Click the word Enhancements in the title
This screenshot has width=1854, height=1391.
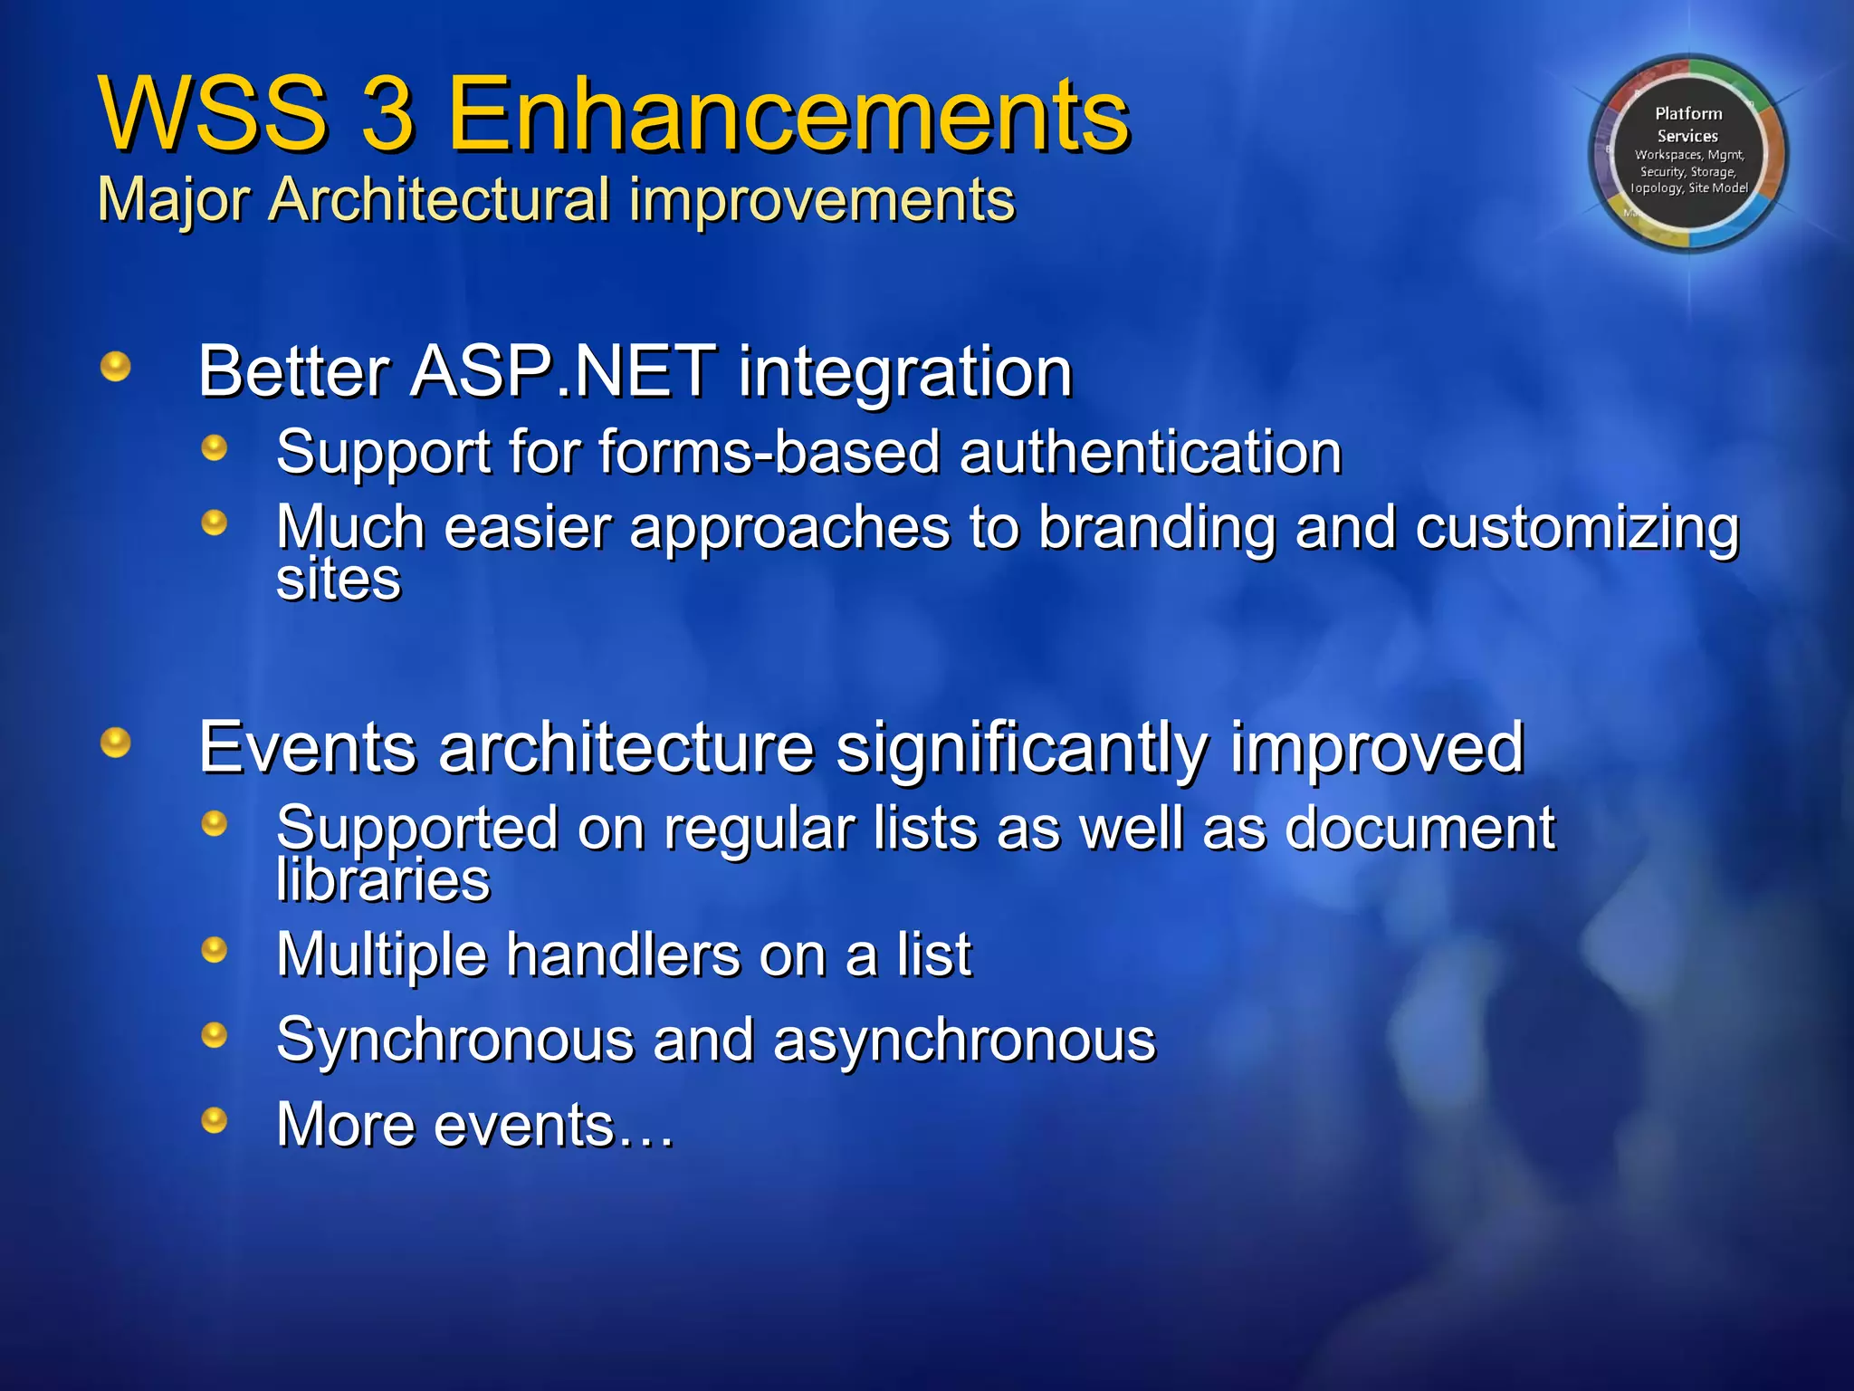(788, 115)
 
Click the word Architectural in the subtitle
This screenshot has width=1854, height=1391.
(439, 199)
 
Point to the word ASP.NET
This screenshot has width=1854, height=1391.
(562, 371)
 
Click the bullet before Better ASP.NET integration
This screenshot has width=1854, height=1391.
(116, 367)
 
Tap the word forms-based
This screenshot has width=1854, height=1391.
(769, 452)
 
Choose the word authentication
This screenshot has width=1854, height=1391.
(1150, 452)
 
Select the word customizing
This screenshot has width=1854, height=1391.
(1576, 528)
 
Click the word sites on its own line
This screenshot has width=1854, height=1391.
(338, 580)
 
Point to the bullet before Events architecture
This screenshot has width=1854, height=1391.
(116, 743)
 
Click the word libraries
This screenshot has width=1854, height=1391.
(383, 879)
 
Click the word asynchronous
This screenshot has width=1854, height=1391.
(964, 1040)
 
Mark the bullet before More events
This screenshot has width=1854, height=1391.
(215, 1120)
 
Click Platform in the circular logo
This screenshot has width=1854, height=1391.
(1688, 113)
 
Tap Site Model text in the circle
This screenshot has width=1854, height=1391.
(1717, 188)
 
